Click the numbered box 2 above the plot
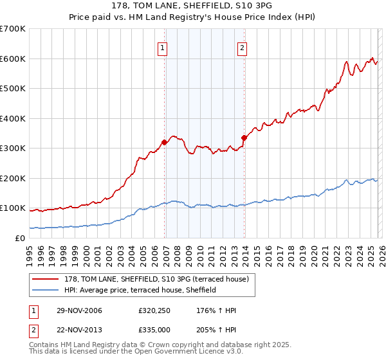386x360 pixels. pos(242,47)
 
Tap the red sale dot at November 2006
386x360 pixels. pos(165,142)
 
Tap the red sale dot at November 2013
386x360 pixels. pos(244,137)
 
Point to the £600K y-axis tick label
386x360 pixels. pos(13,59)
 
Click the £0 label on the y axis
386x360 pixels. pos(19,238)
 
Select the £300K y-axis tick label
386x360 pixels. pos(13,148)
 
